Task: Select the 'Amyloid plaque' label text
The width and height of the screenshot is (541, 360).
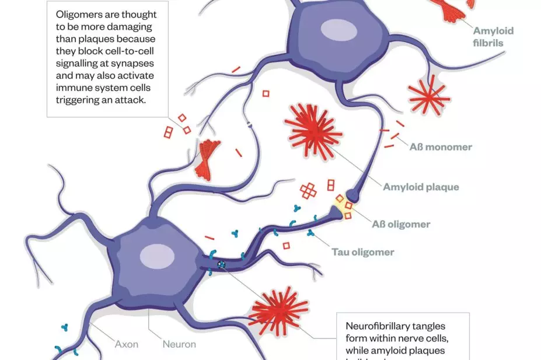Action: [421, 187]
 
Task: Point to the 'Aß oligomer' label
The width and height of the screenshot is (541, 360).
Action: [401, 224]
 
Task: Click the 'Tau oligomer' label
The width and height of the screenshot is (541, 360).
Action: [363, 253]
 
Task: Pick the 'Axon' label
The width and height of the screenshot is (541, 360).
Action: [126, 344]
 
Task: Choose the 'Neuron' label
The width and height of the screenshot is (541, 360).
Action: [179, 344]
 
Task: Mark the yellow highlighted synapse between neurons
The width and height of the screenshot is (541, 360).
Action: [341, 205]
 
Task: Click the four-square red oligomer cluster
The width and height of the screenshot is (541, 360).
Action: [309, 190]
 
